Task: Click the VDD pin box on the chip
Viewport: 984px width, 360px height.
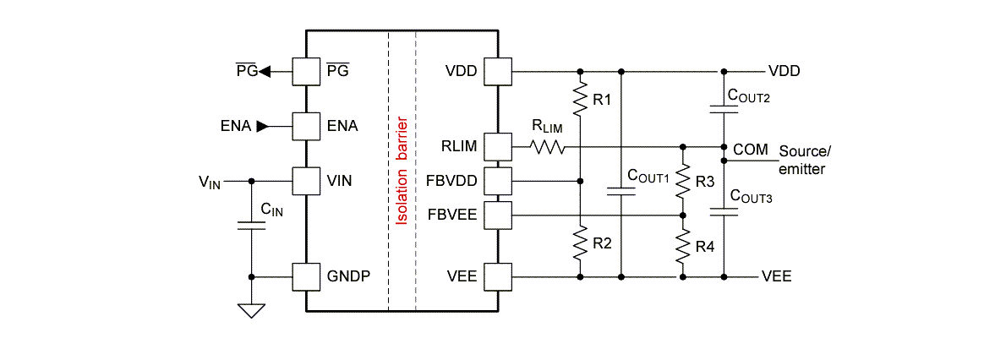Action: click(499, 71)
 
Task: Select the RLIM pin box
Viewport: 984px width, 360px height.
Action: click(499, 146)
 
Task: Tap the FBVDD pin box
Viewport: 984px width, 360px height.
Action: click(499, 180)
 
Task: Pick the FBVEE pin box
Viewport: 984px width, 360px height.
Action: click(499, 215)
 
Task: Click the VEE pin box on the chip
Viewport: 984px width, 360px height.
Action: click(499, 276)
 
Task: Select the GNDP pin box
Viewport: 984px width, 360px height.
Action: click(305, 276)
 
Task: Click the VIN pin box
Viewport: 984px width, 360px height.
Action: click(305, 180)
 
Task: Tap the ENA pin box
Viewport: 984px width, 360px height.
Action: click(305, 126)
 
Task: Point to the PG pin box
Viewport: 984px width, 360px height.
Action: click(305, 71)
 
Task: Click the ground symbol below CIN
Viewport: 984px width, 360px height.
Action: click(251, 310)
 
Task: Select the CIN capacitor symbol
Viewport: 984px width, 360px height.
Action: click(251, 226)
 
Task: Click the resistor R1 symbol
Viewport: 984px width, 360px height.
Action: click(580, 99)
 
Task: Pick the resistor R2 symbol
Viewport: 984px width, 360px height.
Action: click(580, 244)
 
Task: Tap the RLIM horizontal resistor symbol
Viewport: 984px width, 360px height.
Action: click(547, 146)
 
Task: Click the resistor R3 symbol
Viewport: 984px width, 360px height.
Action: click(683, 183)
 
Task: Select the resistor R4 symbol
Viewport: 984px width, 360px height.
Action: click(683, 247)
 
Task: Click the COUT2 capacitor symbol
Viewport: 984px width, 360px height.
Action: click(724, 109)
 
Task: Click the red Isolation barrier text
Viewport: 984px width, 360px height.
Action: click(402, 173)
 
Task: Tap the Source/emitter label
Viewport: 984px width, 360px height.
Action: click(805, 160)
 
